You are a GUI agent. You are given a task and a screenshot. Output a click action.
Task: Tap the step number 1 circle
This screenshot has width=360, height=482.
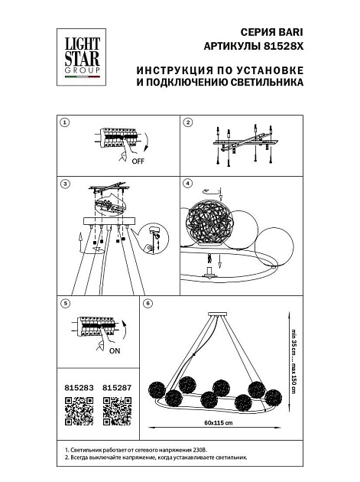(x=65, y=122)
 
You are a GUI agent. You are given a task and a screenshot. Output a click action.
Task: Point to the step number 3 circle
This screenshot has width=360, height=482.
(x=65, y=184)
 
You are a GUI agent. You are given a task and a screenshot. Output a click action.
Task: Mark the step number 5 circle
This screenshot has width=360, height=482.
(x=65, y=304)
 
